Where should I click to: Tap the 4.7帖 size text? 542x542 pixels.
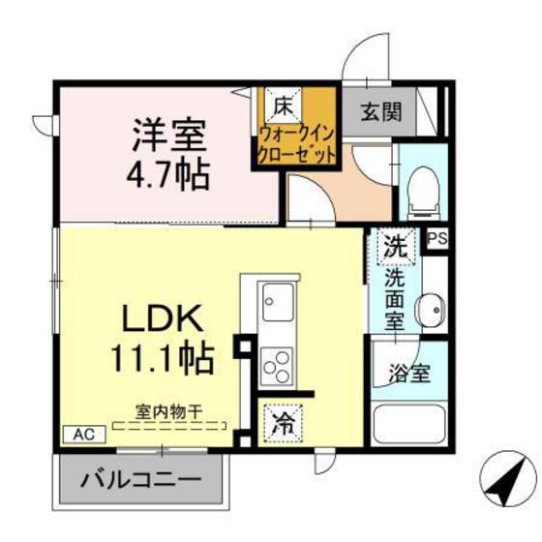(166, 175)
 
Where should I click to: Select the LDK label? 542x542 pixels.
(162, 318)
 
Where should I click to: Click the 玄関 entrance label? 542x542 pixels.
(384, 111)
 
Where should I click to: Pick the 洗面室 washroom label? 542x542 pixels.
(395, 300)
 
